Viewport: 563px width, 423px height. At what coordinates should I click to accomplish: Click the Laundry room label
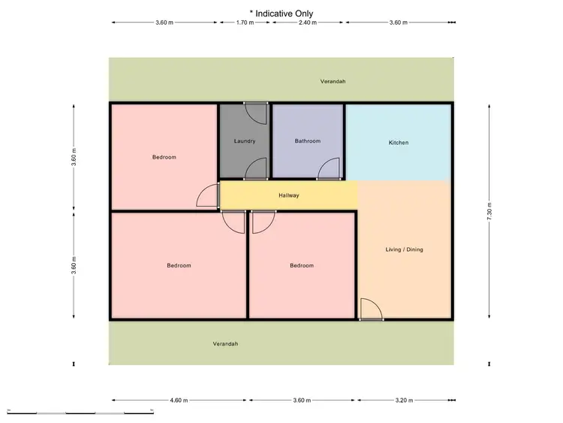[x=245, y=141]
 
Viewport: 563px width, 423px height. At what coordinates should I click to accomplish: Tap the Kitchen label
[x=399, y=143]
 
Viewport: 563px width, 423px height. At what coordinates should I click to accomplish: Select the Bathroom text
[x=308, y=141]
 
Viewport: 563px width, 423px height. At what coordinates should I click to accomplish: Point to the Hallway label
[x=289, y=196]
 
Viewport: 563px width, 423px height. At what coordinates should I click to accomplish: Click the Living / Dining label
[x=405, y=249]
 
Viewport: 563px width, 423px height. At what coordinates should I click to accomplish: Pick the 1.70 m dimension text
[x=245, y=23]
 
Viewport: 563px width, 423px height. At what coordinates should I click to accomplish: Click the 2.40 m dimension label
[x=308, y=23]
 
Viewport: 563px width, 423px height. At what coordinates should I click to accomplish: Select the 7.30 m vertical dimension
[x=489, y=210]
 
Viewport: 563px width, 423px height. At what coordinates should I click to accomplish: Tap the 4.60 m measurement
[x=179, y=400]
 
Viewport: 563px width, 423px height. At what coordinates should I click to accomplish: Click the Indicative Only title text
[x=281, y=13]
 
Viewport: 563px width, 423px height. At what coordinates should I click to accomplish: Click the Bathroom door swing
[x=328, y=170]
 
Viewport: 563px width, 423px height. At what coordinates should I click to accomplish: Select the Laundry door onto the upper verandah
[x=256, y=113]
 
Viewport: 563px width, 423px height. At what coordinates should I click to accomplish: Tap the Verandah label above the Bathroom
[x=333, y=81]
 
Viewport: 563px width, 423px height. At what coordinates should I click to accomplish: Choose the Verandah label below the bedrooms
[x=225, y=344]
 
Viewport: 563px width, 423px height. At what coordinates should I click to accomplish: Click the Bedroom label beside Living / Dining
[x=302, y=266]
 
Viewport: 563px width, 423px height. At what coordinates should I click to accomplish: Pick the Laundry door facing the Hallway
[x=257, y=170]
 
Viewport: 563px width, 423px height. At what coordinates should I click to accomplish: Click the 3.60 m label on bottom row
[x=300, y=400]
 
